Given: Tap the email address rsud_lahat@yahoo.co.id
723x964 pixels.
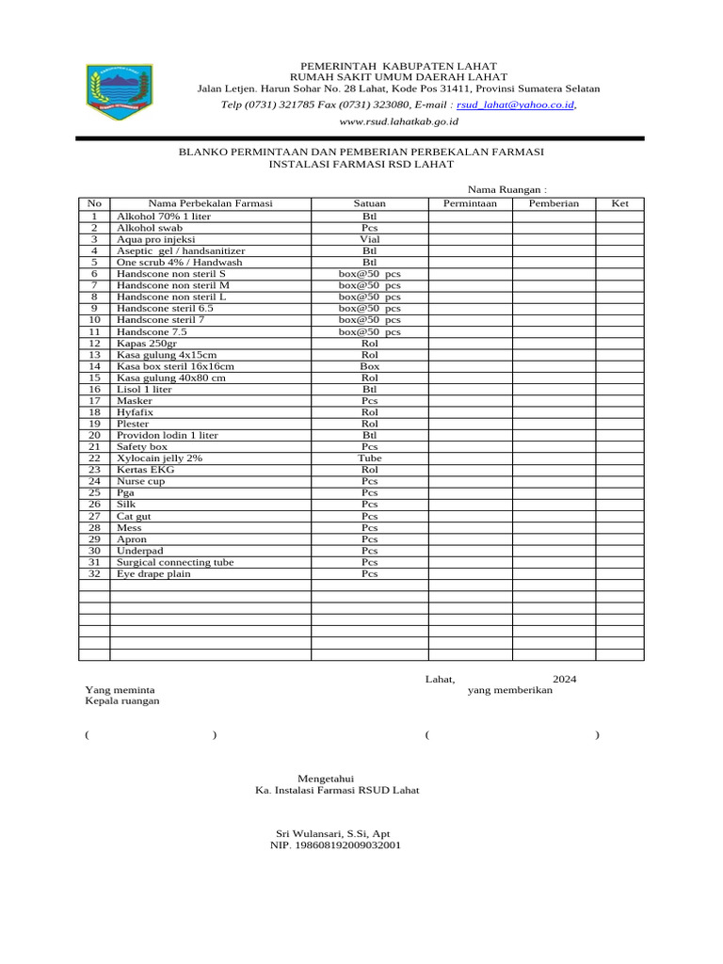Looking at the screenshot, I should [515, 105].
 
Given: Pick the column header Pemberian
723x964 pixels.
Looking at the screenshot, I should [554, 203].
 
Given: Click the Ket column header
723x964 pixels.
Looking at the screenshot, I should [620, 203].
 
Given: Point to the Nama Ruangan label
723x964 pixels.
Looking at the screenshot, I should [506, 189].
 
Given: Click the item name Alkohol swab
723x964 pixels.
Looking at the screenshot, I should [150, 228].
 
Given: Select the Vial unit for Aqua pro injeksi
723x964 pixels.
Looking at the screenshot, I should [369, 239].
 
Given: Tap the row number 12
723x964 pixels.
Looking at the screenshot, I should [94, 344].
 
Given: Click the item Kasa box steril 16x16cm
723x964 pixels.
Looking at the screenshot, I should [175, 366].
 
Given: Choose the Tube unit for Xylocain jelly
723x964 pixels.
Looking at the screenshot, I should [369, 458].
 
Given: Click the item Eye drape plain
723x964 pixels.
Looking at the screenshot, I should [153, 573].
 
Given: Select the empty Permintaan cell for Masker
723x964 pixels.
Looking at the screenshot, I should [470, 401].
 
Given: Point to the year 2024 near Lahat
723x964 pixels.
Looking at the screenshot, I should [565, 679].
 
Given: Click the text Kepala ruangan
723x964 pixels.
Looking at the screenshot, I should [122, 701].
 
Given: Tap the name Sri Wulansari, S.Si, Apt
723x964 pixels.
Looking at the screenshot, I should [332, 834].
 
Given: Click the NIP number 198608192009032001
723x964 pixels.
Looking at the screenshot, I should [335, 845].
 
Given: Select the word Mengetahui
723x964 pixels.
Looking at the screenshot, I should [325, 779].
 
